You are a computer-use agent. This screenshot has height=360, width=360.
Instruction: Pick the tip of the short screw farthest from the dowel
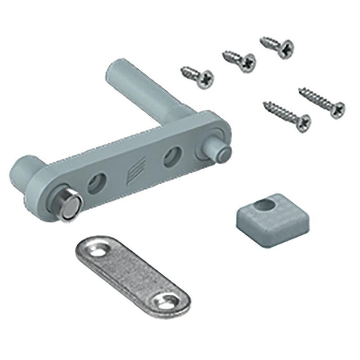tap(261, 40)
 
